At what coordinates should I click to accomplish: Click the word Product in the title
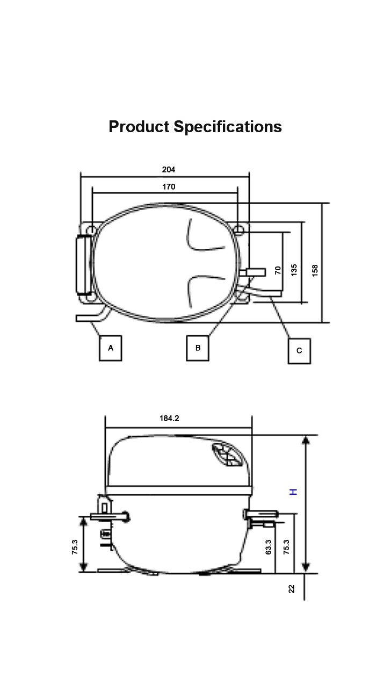(139, 127)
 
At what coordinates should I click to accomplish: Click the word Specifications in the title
(228, 127)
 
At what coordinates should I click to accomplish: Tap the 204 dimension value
(169, 169)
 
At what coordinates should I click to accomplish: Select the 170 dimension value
(169, 186)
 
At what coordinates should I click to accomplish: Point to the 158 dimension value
(315, 271)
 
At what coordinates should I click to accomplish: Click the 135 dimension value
(294, 270)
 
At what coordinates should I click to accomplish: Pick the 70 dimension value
(278, 270)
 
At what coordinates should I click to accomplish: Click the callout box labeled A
(111, 348)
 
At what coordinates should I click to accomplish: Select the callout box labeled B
(198, 348)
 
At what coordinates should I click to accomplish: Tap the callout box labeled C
(299, 351)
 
